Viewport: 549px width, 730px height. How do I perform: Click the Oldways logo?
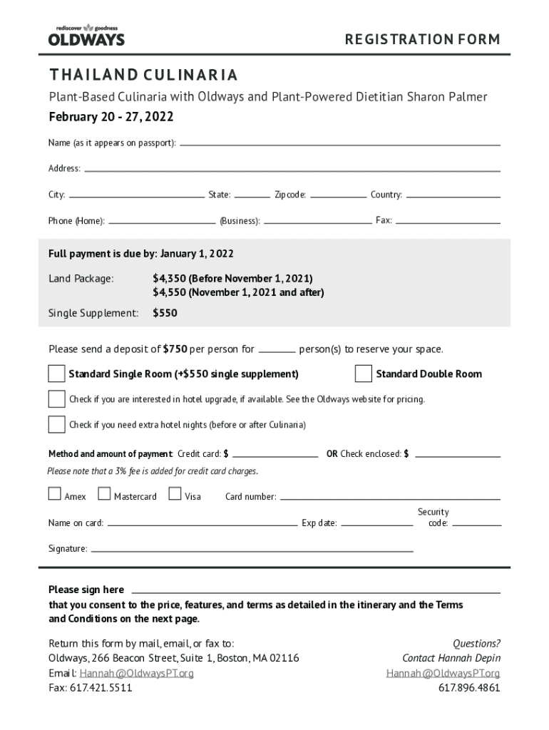(x=86, y=34)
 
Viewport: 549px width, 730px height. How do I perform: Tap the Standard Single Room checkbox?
(x=56, y=374)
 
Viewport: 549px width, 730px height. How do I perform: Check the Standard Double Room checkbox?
(x=364, y=374)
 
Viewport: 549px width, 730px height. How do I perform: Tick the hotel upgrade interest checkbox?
(x=56, y=399)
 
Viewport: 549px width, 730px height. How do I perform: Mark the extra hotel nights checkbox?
(x=56, y=424)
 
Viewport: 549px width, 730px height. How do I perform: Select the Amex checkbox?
(x=55, y=493)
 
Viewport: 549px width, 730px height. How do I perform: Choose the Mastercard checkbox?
(x=104, y=493)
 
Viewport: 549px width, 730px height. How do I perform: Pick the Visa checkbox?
(x=175, y=493)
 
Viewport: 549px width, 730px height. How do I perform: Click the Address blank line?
(x=292, y=170)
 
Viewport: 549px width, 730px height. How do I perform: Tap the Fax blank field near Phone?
(x=448, y=221)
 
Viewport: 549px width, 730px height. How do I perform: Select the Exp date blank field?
(x=376, y=525)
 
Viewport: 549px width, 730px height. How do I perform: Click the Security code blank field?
(x=476, y=525)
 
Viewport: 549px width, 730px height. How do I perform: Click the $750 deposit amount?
(x=175, y=349)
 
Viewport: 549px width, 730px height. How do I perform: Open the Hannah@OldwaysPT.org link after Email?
(x=136, y=673)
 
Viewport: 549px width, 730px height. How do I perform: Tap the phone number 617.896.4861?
(x=468, y=688)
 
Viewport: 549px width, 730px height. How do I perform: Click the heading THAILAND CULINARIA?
(x=143, y=75)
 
